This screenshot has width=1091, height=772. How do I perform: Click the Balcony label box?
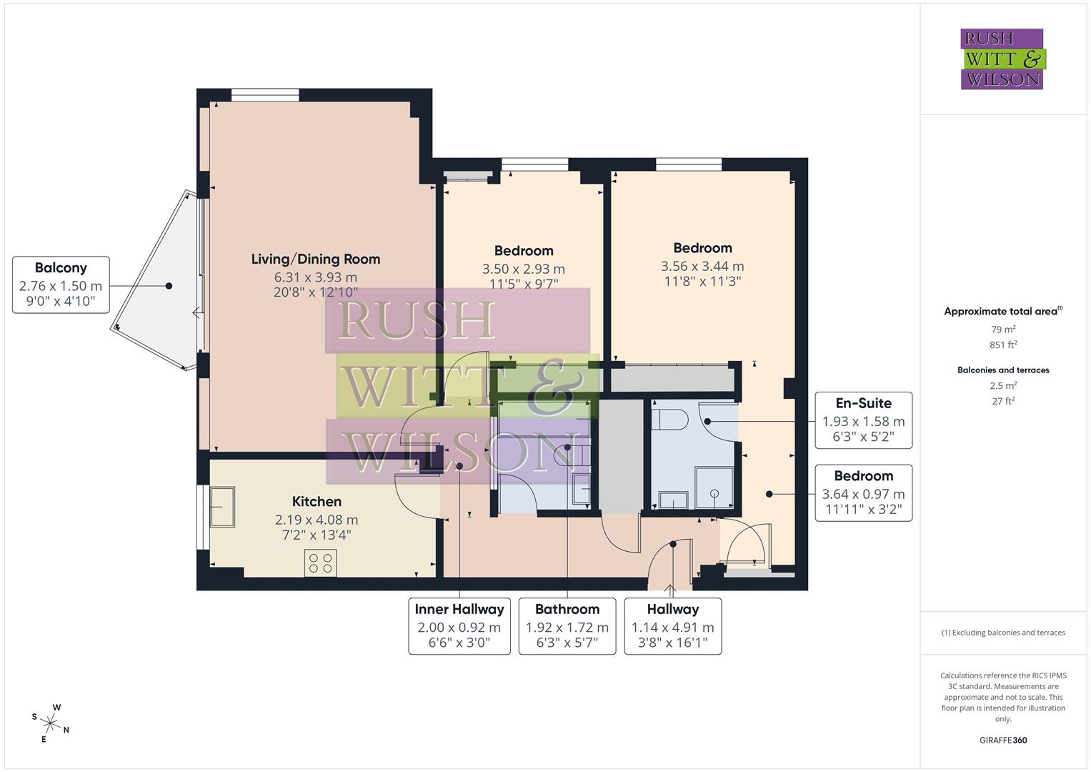[x=61, y=284]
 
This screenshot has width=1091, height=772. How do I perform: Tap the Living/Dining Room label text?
[x=315, y=259]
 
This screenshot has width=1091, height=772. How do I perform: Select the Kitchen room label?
[x=317, y=502]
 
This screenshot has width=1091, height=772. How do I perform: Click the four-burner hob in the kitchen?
[x=320, y=563]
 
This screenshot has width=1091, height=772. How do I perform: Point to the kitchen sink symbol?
[x=222, y=507]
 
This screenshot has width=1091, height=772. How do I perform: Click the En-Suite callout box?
[x=863, y=420]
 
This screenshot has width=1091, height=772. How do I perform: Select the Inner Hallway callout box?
[x=459, y=626]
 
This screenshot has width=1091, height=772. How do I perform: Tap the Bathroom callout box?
[x=567, y=626]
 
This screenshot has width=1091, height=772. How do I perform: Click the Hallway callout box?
[x=672, y=626]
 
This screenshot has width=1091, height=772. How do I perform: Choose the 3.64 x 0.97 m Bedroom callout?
[x=863, y=493]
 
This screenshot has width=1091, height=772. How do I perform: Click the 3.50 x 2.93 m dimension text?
[x=523, y=269]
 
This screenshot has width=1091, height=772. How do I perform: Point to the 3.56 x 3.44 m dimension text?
[x=702, y=267]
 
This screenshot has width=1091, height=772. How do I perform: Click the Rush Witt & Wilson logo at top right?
[x=1002, y=59]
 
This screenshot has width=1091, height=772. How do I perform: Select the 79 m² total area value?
[x=1003, y=330]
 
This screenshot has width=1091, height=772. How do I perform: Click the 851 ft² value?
[x=1003, y=345]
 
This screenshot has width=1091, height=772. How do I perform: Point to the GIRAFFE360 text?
[x=1003, y=740]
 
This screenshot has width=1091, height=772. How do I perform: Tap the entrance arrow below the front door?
[x=670, y=590]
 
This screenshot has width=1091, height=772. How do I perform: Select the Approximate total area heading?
[x=1002, y=311]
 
